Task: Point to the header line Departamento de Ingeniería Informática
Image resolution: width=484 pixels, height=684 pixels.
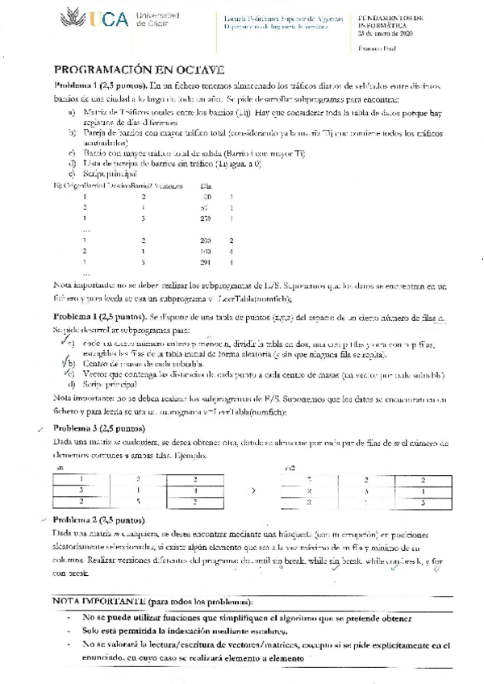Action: pyautogui.click(x=273, y=26)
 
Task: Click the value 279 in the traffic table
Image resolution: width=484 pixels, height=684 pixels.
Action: pyautogui.click(x=204, y=218)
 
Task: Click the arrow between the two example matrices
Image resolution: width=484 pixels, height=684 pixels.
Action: pyautogui.click(x=255, y=489)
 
